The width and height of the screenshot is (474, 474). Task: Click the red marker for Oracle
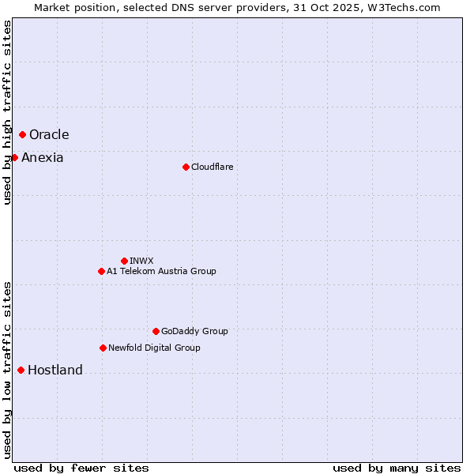22,135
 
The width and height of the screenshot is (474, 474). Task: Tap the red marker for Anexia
14,158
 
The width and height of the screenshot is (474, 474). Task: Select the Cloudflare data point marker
186,167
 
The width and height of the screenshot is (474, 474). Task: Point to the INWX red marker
124,261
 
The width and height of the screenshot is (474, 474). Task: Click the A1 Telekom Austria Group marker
101,271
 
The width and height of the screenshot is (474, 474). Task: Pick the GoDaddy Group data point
156,331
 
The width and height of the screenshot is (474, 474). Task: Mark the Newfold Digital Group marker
103,348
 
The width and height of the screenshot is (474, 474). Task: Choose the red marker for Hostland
21,370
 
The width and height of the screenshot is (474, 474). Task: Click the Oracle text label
49,135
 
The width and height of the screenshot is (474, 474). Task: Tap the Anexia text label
43,158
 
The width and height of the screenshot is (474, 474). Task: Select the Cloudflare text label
212,167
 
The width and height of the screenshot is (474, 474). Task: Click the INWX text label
141,261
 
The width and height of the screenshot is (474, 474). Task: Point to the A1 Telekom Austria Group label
161,271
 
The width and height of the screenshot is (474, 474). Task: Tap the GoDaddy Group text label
194,331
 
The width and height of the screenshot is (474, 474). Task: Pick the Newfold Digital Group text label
154,348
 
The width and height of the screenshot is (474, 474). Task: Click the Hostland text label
55,371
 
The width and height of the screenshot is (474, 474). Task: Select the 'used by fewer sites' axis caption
81,468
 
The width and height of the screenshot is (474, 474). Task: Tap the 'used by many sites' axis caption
397,468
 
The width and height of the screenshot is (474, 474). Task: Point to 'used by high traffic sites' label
7,112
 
